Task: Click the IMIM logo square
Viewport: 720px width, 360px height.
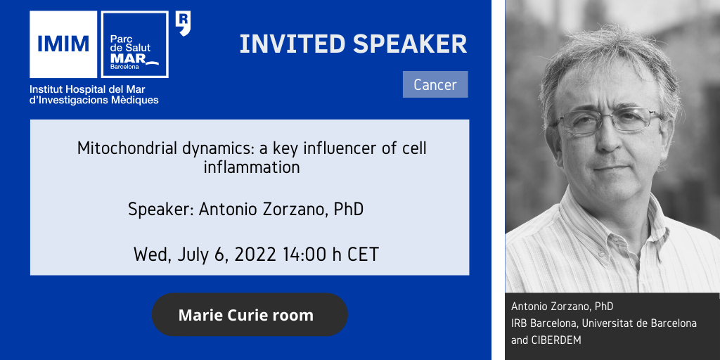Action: click(x=63, y=44)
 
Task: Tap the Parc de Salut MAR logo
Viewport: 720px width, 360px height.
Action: click(x=134, y=44)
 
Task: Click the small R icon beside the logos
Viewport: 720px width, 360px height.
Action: click(x=183, y=24)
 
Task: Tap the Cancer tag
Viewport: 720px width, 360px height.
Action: click(x=435, y=84)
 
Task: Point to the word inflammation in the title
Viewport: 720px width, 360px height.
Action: click(x=252, y=167)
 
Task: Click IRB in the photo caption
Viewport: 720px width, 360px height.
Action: click(x=520, y=323)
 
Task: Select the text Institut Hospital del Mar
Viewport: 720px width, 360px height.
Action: click(x=87, y=89)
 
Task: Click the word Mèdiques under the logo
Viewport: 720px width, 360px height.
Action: click(x=138, y=100)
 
